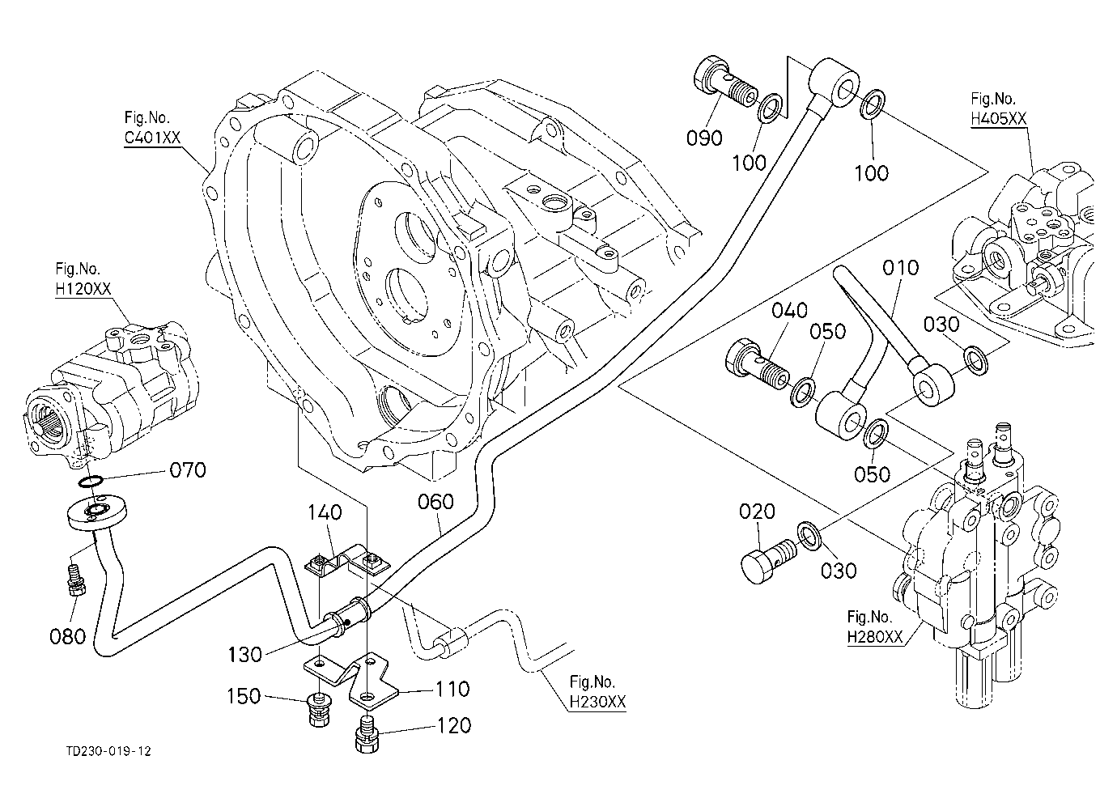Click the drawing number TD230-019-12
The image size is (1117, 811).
tap(108, 751)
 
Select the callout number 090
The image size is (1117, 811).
tap(704, 138)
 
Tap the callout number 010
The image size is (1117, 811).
tap(901, 268)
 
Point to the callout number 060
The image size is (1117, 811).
tap(435, 502)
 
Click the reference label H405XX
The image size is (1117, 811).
tap(998, 119)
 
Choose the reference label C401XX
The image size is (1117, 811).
tap(152, 137)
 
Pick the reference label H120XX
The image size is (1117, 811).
tap(83, 289)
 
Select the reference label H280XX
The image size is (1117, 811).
tap(875, 637)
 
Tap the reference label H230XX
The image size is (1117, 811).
tap(597, 702)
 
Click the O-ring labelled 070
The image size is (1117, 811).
tap(91, 482)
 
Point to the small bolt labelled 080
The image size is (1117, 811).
tap(74, 579)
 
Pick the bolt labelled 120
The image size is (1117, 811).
tap(367, 734)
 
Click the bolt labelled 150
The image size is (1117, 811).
tap(317, 709)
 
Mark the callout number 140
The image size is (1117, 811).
tap(325, 512)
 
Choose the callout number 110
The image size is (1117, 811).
tap(452, 690)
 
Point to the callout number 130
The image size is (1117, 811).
tap(244, 655)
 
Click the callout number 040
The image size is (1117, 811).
tap(789, 311)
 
